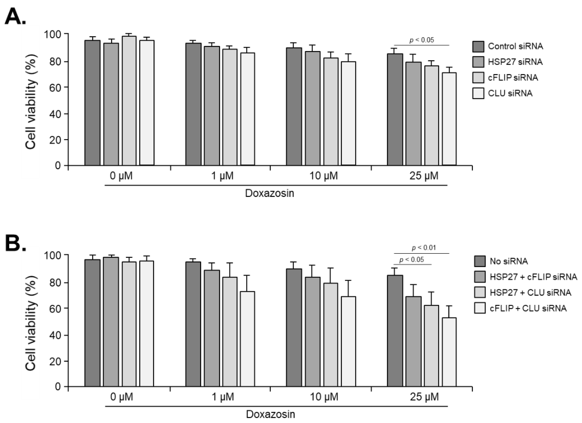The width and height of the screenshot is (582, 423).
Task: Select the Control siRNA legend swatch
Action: tap(478, 46)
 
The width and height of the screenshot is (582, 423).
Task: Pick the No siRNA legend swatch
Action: tap(480, 261)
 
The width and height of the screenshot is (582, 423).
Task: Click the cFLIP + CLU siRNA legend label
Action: tap(528, 308)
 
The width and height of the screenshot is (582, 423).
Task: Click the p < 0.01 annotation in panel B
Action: tap(424, 248)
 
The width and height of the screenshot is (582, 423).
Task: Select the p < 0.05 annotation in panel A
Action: tap(422, 40)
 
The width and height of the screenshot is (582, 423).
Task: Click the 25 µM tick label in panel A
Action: tap(423, 176)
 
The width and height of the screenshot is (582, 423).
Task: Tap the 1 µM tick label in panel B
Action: tap(223, 397)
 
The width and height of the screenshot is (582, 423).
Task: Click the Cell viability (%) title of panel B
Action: tap(31, 324)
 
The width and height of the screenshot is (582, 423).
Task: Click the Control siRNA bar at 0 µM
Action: tap(92, 103)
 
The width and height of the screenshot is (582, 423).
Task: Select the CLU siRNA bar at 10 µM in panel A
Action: tap(348, 113)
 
